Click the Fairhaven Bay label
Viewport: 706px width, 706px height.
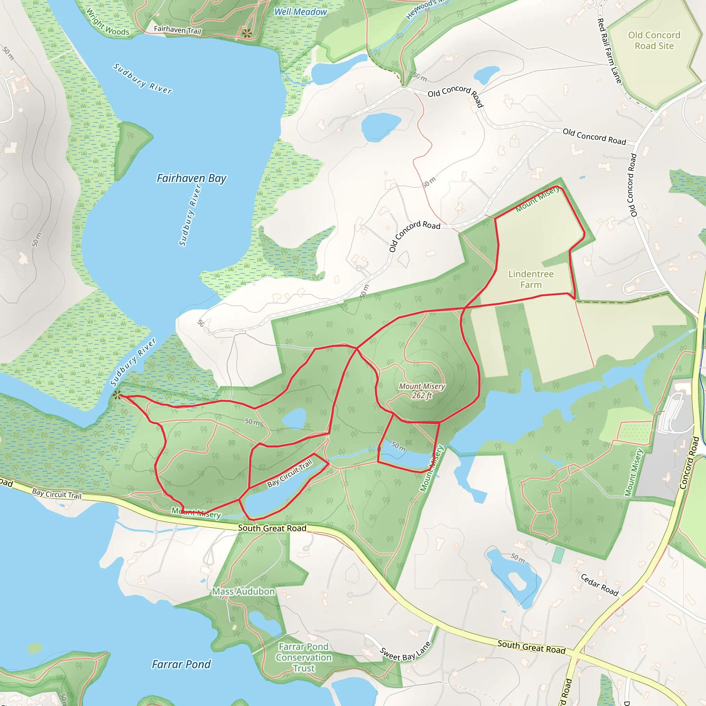coord(191,178)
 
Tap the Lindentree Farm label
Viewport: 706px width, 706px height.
coord(531,279)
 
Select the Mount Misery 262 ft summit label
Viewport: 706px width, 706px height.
coord(422,391)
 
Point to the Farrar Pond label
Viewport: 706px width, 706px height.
coord(181,664)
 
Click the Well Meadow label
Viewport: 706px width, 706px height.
coord(300,12)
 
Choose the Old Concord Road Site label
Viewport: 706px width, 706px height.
coord(654,40)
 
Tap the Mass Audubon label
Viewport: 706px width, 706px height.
coord(243,591)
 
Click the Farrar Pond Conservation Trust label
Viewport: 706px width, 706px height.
coord(304,657)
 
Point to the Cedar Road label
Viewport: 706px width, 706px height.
coord(599,585)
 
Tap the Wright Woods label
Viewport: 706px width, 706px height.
coord(108,23)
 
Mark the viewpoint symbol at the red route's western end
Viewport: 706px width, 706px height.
coord(117,395)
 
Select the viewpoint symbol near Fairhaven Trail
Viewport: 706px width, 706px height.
coord(247,33)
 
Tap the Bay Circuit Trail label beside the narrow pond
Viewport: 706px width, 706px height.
coord(290,473)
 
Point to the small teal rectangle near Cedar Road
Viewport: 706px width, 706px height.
coord(558,555)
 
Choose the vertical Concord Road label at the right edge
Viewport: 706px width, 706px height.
coord(689,463)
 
